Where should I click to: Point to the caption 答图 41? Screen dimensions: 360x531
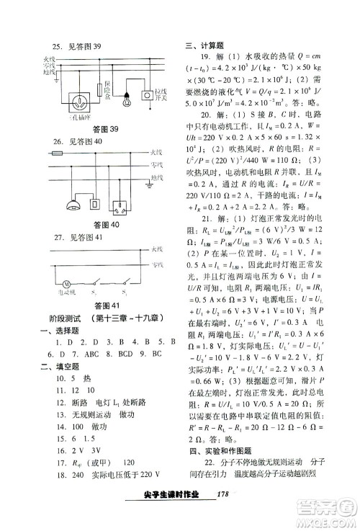(103, 306)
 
